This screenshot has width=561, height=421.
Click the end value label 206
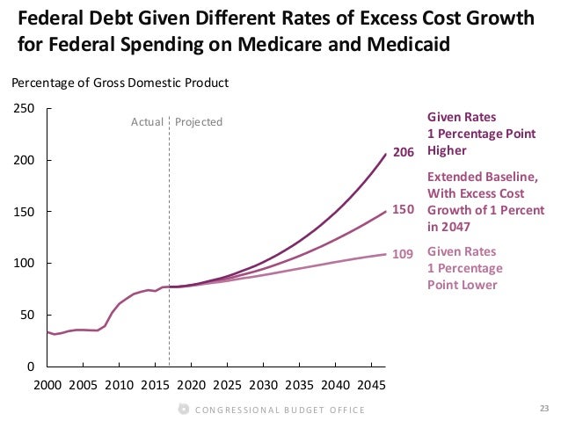[403, 153]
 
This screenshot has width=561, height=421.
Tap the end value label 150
[403, 210]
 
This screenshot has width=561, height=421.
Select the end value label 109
[403, 254]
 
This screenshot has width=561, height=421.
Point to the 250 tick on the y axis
[25, 109]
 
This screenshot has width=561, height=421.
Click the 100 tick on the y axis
[25, 264]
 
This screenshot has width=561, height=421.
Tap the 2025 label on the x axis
[227, 385]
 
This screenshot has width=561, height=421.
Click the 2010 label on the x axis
[119, 385]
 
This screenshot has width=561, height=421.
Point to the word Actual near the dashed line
[147, 121]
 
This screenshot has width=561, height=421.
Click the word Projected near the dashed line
[199, 121]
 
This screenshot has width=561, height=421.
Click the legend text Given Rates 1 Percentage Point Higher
[463, 134]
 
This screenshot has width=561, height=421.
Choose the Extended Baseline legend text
[485, 201]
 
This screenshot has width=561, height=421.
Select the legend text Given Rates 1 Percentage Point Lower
[464, 268]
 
